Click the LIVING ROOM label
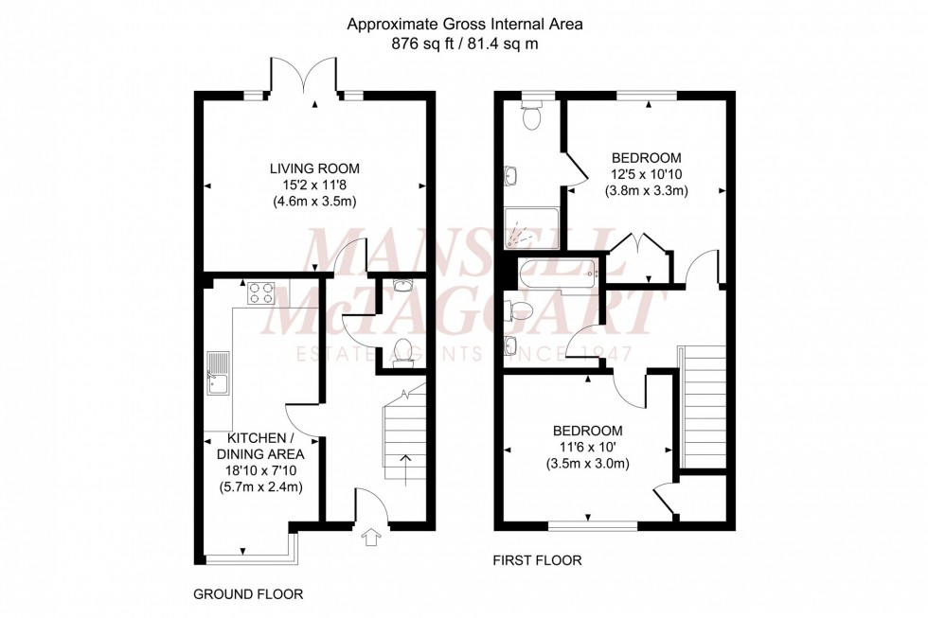pos(312,168)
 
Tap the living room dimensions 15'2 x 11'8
pos(312,185)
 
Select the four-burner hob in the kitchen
pos(260,293)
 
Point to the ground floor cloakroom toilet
pos(403,350)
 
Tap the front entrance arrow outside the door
pos(369,538)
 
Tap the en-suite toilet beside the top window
pos(532,117)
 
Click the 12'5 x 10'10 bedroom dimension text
pos(646,174)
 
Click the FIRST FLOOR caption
pos(537,560)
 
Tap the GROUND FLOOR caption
pos(248,594)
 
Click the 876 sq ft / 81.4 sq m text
pos(464,44)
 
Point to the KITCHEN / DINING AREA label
pos(264,446)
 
